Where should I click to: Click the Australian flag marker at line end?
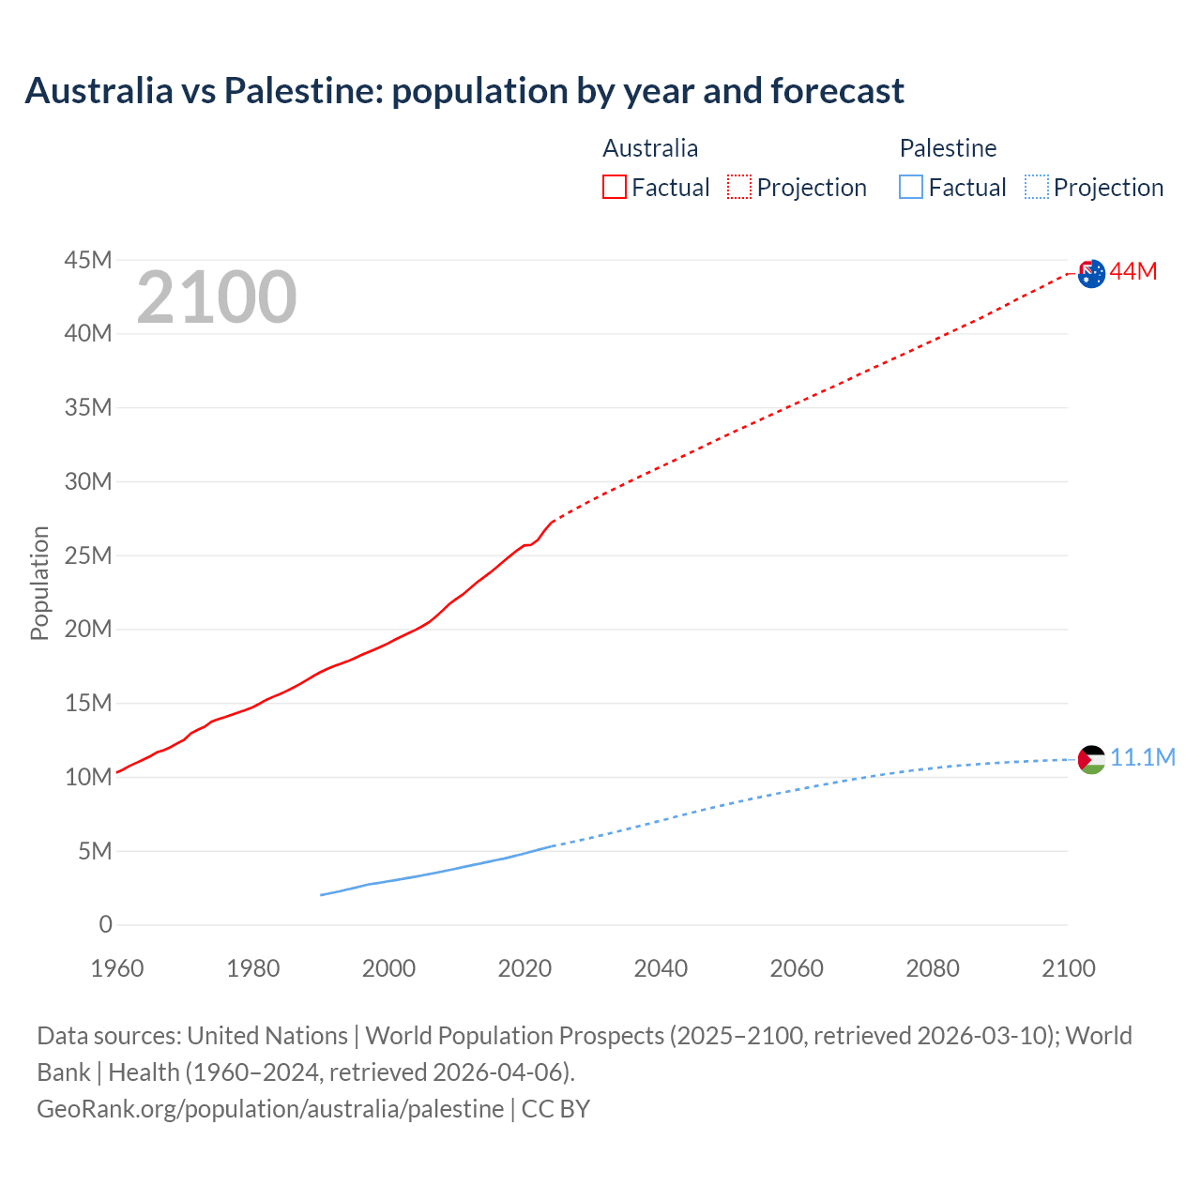click(1091, 274)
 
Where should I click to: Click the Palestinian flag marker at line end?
click(1091, 759)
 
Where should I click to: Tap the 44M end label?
click(1133, 272)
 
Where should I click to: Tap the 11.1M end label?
click(1143, 758)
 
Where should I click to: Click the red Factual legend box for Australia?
click(614, 188)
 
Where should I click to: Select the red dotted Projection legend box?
click(739, 188)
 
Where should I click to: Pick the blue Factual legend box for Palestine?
click(911, 188)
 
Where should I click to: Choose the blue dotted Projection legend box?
click(1037, 188)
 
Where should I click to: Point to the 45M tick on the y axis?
click(88, 260)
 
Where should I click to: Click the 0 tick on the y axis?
click(105, 925)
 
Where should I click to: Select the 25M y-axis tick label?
click(88, 555)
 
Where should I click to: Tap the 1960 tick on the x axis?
click(117, 968)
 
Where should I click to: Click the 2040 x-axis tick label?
click(661, 968)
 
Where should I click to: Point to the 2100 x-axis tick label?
click(1068, 968)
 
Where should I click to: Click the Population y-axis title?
click(39, 584)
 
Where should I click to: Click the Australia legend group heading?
click(650, 148)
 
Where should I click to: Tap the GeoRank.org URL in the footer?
click(270, 1109)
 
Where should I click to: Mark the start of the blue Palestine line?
click(322, 895)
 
